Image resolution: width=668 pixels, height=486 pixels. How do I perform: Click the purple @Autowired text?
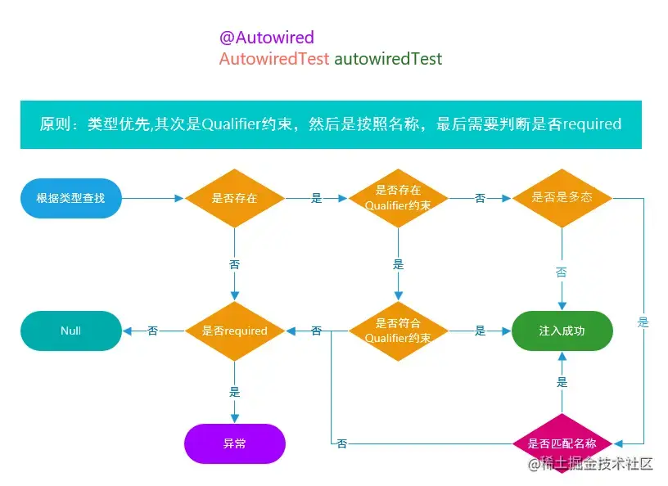pos(266,38)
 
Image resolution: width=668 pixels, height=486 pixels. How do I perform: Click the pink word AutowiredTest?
pos(274,59)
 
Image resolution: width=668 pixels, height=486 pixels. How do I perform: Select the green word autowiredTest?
pos(388,59)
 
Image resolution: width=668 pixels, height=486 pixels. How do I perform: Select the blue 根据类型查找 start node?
pos(71,198)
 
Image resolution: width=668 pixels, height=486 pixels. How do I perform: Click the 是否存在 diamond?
pos(235,198)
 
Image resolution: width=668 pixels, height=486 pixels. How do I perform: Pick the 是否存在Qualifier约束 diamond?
pos(399,198)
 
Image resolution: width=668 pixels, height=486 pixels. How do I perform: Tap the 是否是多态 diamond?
pos(562,198)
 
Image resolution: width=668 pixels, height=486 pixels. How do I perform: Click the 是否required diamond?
pos(235,331)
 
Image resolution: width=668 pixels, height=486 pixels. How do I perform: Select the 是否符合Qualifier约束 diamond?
pos(399,331)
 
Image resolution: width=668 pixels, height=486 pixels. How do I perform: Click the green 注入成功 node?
pos(562,331)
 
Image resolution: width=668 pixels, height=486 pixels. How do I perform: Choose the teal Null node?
pos(71,331)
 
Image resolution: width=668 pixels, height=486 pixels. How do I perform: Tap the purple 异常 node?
pos(235,443)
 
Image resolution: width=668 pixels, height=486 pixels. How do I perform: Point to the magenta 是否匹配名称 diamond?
pos(562,443)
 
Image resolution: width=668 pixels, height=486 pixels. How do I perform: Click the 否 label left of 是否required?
pos(153,331)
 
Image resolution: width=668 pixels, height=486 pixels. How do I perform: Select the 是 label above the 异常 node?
pos(235,392)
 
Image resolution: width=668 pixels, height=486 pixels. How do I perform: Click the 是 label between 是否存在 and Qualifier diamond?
pos(317,198)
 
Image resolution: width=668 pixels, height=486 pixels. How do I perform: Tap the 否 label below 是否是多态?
pos(562,272)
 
